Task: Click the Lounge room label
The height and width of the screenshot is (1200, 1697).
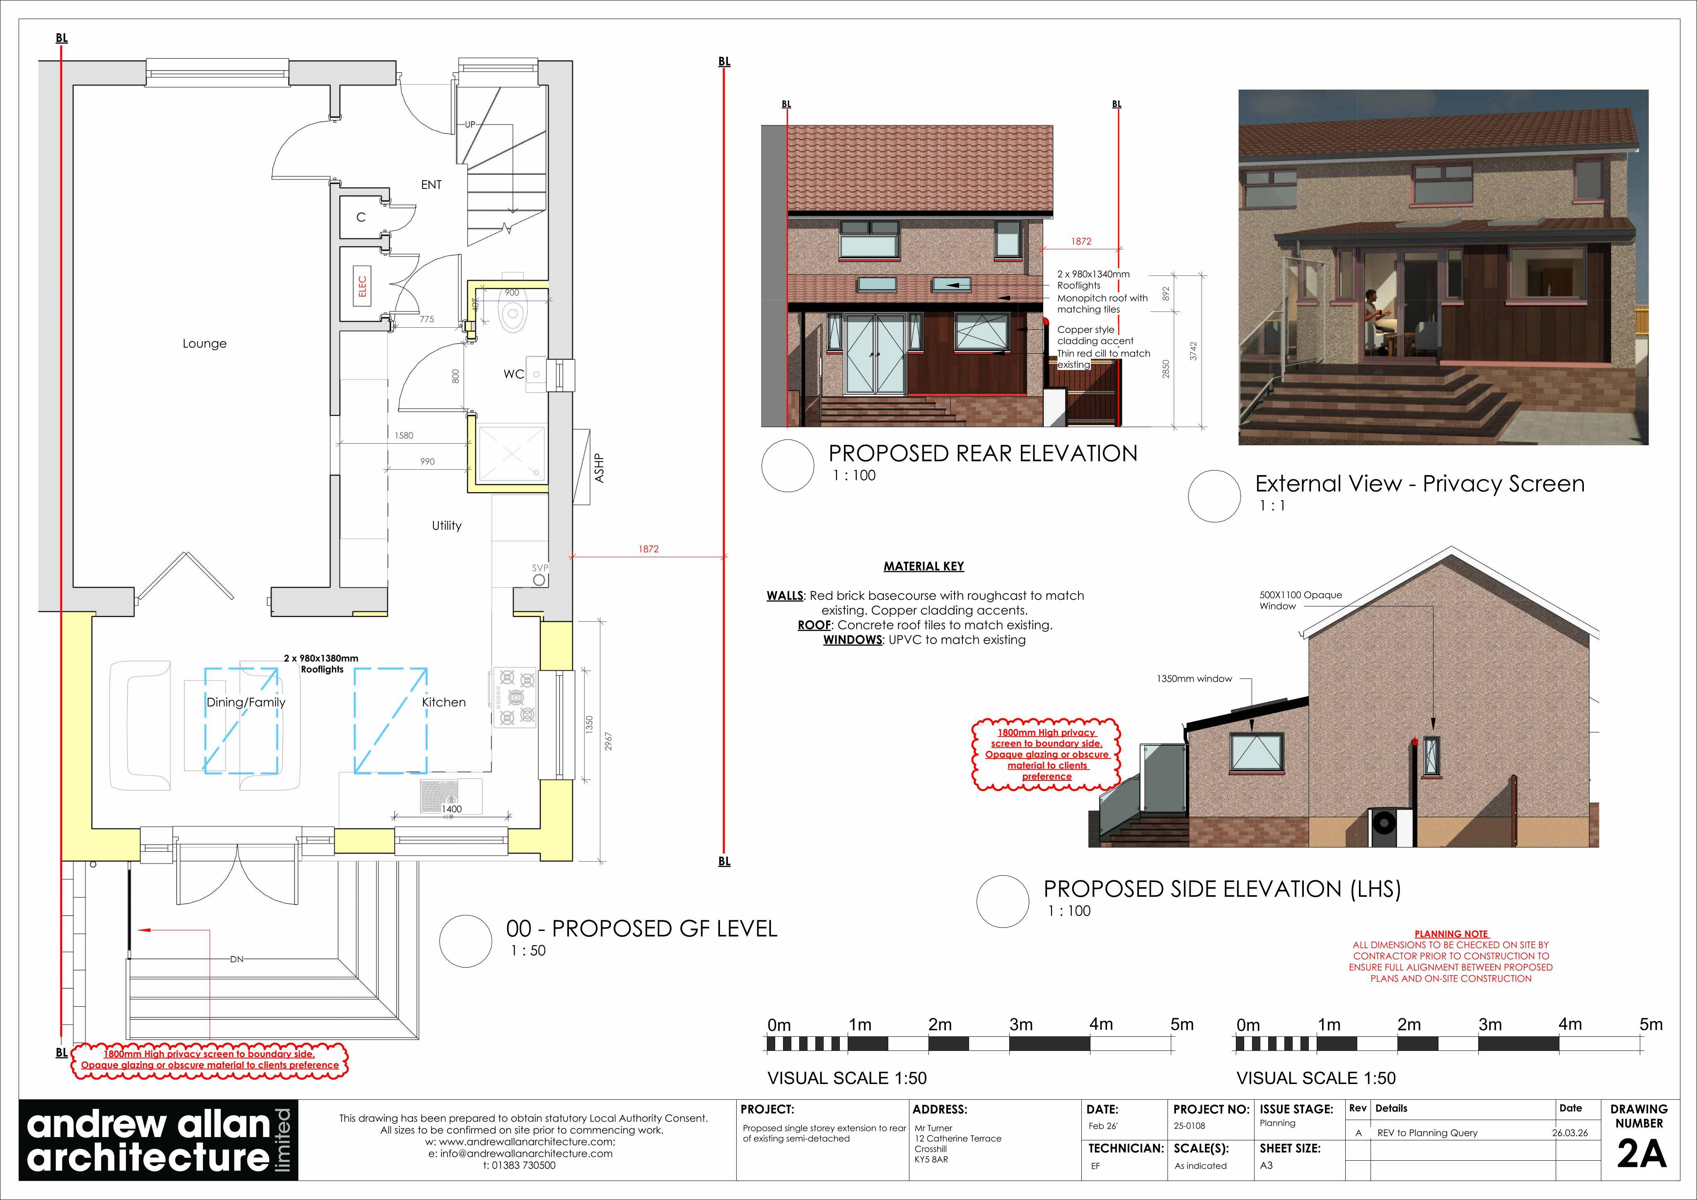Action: [x=205, y=343]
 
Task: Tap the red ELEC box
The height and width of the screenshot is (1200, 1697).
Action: [x=362, y=286]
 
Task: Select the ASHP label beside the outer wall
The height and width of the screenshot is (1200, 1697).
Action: [x=600, y=468]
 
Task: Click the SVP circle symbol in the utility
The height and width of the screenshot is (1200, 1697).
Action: [x=539, y=580]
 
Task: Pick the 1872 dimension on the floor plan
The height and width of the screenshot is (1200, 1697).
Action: [x=648, y=549]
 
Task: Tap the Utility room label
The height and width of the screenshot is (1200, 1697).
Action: [x=447, y=525]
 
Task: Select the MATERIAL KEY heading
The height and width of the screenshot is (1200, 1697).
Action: [x=924, y=566]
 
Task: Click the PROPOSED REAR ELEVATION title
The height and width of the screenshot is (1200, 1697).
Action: [x=982, y=453]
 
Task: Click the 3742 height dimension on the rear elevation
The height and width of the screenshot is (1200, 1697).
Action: [x=1193, y=351]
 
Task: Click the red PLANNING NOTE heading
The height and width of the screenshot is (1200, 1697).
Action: [x=1451, y=934]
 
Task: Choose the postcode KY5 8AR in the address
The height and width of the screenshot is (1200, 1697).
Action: [x=931, y=1159]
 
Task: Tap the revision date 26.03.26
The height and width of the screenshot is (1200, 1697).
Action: [x=1570, y=1133]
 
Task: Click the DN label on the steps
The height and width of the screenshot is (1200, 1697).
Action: [x=237, y=959]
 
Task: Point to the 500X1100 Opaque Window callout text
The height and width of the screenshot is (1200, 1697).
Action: [x=1300, y=600]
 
